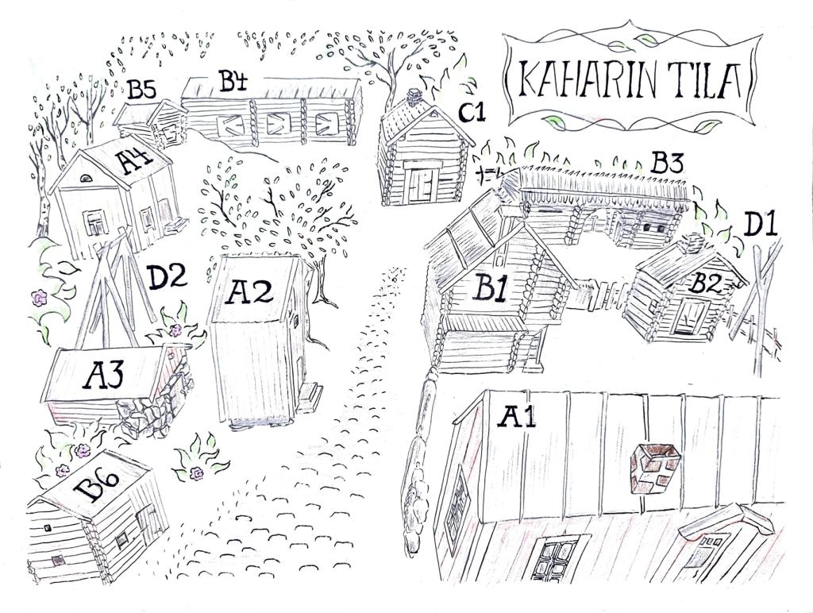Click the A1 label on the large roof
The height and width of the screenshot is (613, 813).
pos(516,416)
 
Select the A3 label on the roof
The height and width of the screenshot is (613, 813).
pos(103,376)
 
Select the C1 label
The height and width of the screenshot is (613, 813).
pos(472,112)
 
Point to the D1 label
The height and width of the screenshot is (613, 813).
pos(761,226)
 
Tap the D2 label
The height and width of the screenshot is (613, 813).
pos(167,277)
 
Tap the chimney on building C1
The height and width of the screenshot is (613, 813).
pos(414,97)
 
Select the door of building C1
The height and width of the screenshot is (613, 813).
pos(421,185)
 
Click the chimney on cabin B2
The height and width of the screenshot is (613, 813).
pos(692,243)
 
